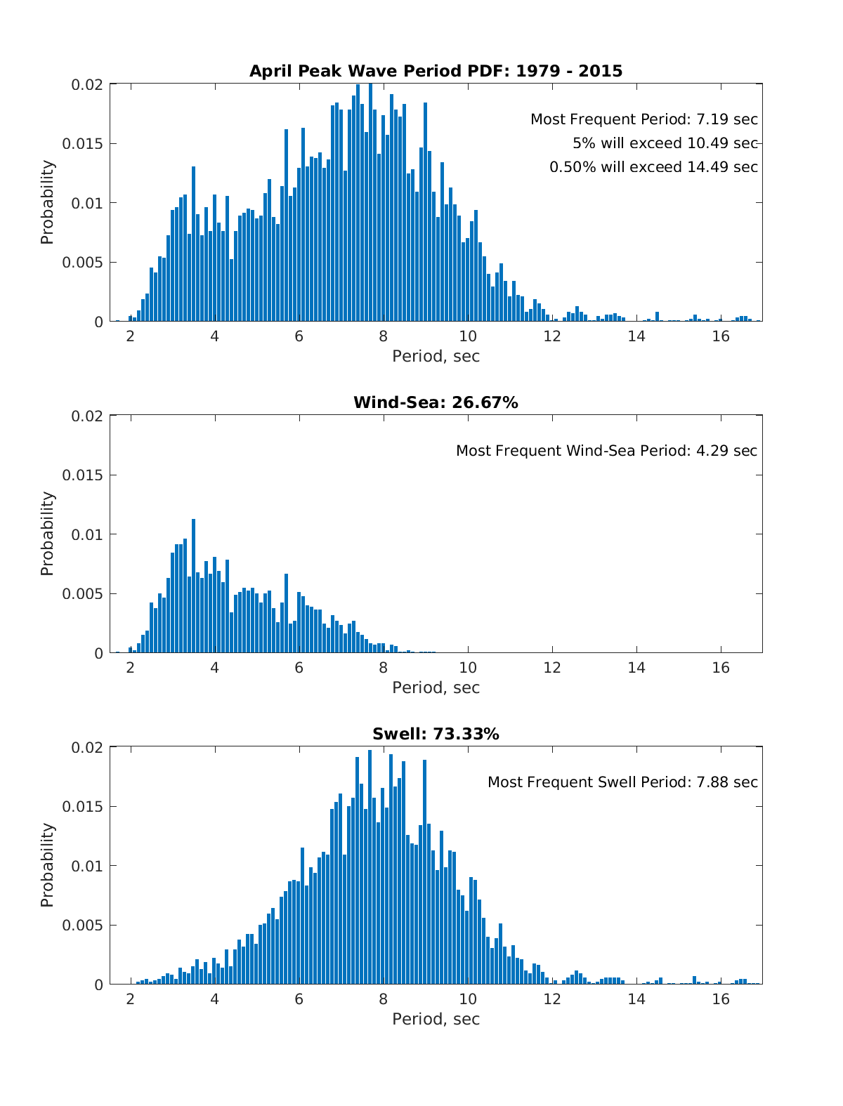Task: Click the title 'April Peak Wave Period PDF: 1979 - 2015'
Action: coord(436,71)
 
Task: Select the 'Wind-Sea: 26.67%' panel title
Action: coord(436,402)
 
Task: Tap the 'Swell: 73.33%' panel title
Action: coord(436,734)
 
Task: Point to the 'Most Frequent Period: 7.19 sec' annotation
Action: coord(643,119)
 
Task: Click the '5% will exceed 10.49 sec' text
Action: coord(665,143)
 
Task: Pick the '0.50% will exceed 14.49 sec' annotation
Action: coord(653,167)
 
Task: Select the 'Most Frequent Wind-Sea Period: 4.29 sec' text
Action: coord(606,451)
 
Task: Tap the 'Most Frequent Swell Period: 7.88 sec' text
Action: coord(622,782)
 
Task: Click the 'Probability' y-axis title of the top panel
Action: coord(47,202)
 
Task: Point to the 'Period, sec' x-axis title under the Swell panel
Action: coord(436,1019)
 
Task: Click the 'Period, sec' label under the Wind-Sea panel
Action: coord(436,687)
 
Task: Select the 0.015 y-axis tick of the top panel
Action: coord(82,144)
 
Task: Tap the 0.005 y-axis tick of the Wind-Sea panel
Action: coord(82,594)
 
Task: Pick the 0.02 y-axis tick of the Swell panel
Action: coord(87,747)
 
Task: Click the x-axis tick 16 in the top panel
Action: coord(721,336)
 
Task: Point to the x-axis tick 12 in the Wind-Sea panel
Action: coord(552,667)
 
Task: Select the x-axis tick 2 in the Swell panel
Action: coord(130,999)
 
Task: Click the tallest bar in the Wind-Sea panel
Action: coord(193,586)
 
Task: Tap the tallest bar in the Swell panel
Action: coord(370,867)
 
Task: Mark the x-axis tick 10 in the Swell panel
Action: coord(468,999)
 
